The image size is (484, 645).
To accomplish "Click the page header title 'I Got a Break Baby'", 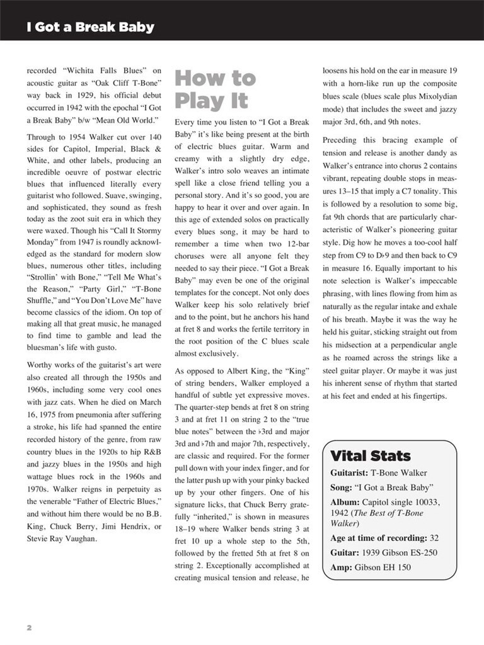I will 90,28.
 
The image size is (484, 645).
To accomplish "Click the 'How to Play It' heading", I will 215,89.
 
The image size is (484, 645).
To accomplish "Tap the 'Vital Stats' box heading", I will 370,455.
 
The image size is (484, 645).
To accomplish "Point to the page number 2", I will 29,628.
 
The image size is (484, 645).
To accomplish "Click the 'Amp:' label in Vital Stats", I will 342,568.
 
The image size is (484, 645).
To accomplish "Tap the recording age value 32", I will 434,538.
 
